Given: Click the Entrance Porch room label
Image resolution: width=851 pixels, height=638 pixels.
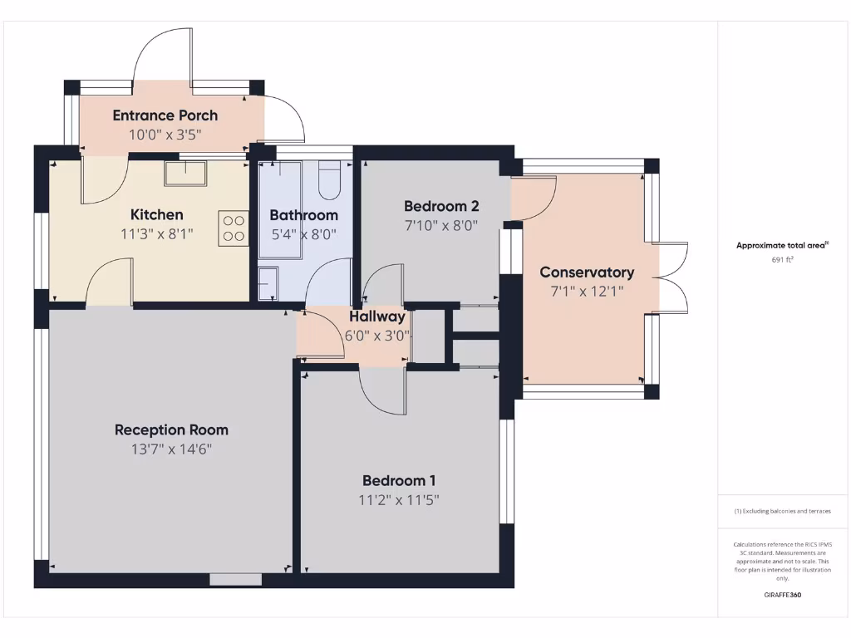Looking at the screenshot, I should pos(165,115).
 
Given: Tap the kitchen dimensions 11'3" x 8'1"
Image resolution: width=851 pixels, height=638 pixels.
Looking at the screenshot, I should pos(156,234).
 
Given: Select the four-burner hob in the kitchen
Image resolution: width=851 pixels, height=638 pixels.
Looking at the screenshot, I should pos(234,228).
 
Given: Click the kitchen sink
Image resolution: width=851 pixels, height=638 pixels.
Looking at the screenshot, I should pos(185,174).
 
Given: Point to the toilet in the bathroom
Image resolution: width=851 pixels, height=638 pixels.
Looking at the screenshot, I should pos(330,180).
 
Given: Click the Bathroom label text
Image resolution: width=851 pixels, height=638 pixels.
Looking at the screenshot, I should pos(303,215).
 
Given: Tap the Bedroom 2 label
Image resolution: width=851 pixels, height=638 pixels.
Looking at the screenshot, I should pos(441,206).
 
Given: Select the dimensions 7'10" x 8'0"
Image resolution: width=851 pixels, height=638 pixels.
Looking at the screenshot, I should pos(441,226).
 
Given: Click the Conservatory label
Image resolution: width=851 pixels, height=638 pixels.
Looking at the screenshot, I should pos(587,272).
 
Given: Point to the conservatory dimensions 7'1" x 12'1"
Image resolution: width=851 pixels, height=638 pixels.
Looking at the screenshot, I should pos(587,292).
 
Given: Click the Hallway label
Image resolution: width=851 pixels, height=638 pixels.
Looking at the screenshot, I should pos(377,317).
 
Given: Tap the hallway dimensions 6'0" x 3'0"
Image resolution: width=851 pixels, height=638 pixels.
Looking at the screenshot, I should pos(377,336).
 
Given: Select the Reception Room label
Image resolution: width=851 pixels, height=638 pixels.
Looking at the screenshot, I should pos(171,429).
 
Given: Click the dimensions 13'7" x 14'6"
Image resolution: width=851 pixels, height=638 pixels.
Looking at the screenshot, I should pos(171,449).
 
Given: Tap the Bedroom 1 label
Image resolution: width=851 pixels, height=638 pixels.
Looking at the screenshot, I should pos(399,480).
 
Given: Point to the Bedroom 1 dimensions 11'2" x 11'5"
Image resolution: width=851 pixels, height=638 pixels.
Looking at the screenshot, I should pos(399,500).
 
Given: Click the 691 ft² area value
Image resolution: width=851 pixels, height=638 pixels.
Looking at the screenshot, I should pos(782,260).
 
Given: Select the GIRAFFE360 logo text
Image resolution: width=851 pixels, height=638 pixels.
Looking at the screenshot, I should pos(782,595).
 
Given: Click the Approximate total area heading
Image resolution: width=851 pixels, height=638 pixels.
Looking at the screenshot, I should pos(782,245).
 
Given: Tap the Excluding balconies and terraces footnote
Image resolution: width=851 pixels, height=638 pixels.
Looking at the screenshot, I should pos(782,511).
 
